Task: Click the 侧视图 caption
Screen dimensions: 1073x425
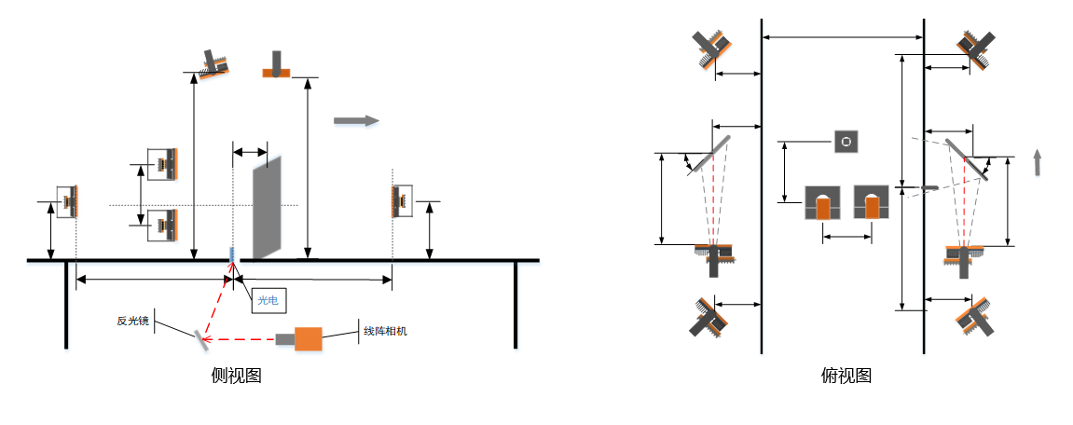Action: tap(236, 375)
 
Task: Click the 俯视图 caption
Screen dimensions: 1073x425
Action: tap(846, 375)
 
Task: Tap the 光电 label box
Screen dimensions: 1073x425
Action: tap(268, 300)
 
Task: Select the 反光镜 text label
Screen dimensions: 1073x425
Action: tap(132, 320)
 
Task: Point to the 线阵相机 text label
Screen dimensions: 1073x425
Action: tap(385, 331)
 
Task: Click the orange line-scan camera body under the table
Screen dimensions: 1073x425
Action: tap(308, 338)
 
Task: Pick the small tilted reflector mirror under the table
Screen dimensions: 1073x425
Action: tap(201, 337)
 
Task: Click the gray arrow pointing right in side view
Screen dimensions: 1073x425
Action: tap(356, 120)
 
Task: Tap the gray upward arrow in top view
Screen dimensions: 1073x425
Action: tap(1039, 163)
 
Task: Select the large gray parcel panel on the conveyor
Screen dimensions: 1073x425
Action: tap(267, 209)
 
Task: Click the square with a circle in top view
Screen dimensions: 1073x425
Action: tap(846, 142)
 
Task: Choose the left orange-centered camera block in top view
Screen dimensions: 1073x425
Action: tap(822, 202)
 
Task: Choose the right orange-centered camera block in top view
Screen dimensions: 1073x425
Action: tap(871, 202)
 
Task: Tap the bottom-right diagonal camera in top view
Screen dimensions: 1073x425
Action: tap(974, 316)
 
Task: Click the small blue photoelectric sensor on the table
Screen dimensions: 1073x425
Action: tap(231, 254)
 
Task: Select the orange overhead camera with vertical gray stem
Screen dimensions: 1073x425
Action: tap(277, 63)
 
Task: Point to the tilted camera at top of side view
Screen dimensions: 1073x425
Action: tap(213, 63)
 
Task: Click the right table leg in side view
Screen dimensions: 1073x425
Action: tap(516, 305)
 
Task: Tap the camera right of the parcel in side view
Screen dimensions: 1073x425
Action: tap(400, 202)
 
